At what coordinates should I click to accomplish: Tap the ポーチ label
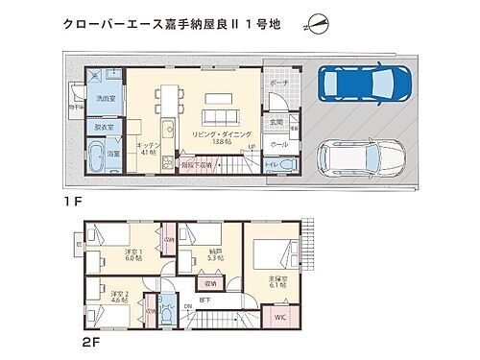click(278, 84)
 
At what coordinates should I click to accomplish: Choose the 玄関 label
click(276, 122)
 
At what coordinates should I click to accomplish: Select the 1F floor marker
click(69, 204)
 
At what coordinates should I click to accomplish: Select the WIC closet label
click(280, 316)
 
